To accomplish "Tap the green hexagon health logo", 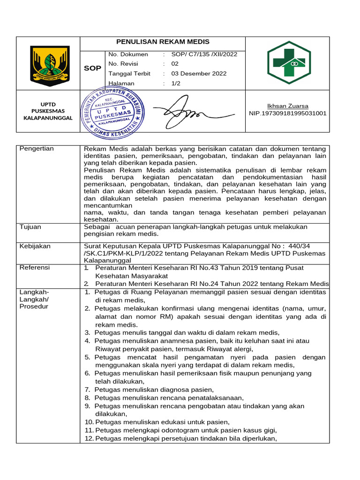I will [288, 63].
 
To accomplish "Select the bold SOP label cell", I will [92, 68].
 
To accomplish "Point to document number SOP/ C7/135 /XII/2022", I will [204, 54].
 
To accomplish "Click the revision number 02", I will [175, 64].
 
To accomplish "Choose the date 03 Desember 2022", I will [199, 74].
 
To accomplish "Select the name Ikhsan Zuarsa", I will [287, 106].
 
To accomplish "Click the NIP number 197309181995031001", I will [287, 113].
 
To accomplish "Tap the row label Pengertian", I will [37, 149].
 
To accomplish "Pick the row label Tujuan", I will [30, 227].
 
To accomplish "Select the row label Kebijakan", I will [35, 246].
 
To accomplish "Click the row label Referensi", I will [35, 267].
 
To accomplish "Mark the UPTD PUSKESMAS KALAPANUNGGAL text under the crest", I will [48, 111].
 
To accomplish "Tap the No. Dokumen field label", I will [128, 54].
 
